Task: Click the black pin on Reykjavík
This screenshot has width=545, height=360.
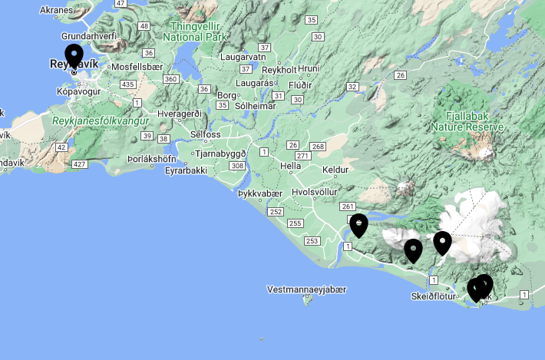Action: (74, 56)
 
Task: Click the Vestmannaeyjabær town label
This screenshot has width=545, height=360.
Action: (307, 289)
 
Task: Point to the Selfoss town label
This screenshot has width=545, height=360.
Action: (205, 134)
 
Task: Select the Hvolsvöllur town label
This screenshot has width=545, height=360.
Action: (315, 192)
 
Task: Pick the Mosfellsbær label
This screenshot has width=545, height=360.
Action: (138, 67)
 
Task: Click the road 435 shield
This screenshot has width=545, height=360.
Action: (128, 84)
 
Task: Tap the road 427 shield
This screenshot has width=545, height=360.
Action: (78, 164)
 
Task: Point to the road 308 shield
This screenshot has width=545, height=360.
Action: (237, 166)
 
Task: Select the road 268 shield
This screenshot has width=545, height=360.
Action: (318, 147)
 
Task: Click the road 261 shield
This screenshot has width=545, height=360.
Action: (347, 207)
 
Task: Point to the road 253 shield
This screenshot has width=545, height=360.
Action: (312, 241)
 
